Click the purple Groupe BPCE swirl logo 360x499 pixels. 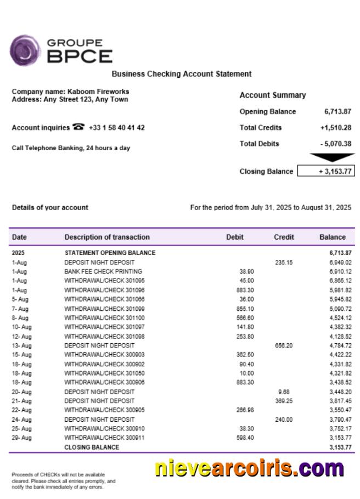tap(25, 50)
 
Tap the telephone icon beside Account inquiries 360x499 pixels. tap(78, 127)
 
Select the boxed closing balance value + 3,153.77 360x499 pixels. tap(326, 171)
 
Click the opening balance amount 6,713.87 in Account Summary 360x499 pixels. tap(337, 111)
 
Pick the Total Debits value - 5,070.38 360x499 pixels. tap(335, 144)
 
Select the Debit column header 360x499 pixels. tap(235, 237)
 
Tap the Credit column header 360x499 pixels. tap(284, 237)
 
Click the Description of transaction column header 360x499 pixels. tap(107, 237)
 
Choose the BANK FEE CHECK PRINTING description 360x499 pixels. tap(103, 271)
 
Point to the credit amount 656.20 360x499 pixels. tap(283, 345)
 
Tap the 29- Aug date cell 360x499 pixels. tap(22, 438)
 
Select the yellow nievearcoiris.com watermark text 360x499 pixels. tap(249, 469)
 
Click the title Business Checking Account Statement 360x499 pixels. tap(182, 73)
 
